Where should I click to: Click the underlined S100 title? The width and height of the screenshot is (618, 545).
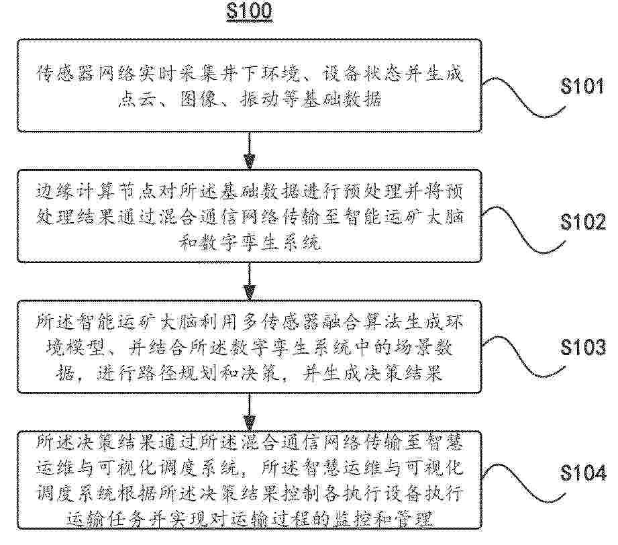[250, 13]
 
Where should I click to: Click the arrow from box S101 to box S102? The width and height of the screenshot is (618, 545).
[250, 148]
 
